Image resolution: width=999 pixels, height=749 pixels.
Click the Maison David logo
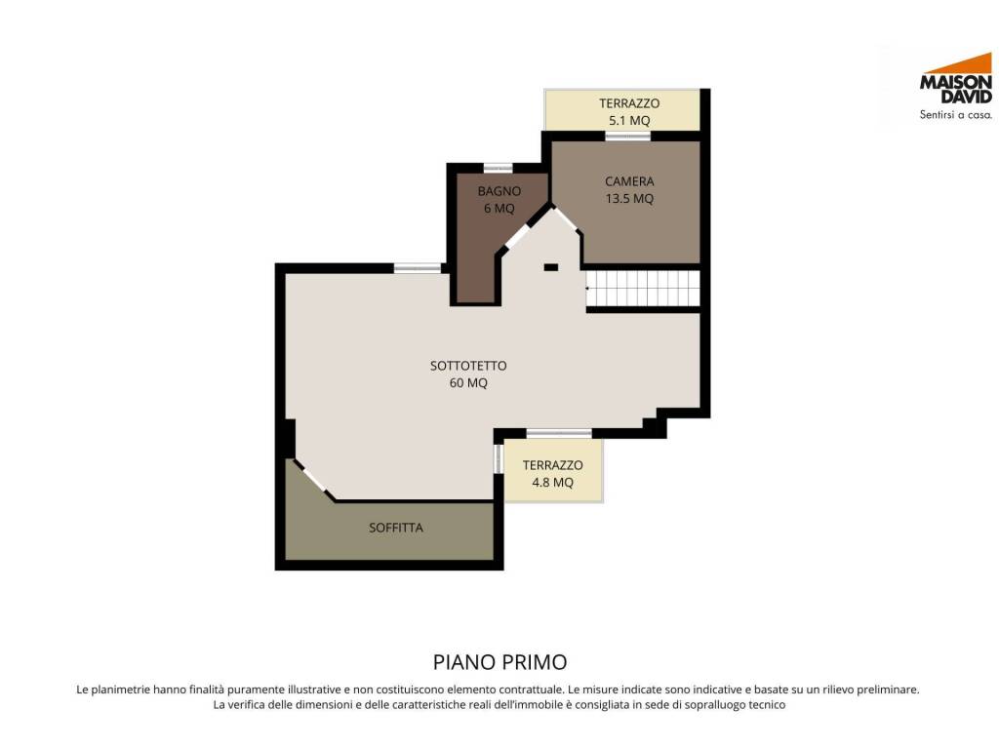pos(956,86)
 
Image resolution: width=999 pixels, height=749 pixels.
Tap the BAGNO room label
pos(499,191)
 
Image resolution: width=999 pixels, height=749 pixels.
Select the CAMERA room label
pos(629,181)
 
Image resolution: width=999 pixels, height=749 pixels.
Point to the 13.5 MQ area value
pos(629,199)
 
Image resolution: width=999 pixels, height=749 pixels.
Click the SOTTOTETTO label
pos(468,366)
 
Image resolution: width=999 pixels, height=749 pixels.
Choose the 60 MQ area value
pos(468,382)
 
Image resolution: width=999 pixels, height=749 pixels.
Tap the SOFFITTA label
pos(396,528)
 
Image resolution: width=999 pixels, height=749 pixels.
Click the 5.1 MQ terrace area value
pos(629,120)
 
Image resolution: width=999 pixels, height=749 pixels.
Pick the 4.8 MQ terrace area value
pos(552,482)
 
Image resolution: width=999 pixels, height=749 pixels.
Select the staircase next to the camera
pos(643,289)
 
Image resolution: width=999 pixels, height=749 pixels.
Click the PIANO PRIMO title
pos(500,662)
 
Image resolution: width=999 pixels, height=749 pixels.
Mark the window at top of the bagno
pos(498,168)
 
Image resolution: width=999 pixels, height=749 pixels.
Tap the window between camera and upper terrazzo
pos(627,136)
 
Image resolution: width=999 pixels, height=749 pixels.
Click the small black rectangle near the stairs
pos(551,267)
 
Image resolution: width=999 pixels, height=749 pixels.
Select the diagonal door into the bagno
pos(518,236)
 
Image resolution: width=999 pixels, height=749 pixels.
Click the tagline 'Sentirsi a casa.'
pos(956,115)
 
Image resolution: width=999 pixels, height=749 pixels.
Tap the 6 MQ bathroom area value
pos(499,209)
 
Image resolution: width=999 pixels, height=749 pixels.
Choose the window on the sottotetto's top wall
pos(418,268)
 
